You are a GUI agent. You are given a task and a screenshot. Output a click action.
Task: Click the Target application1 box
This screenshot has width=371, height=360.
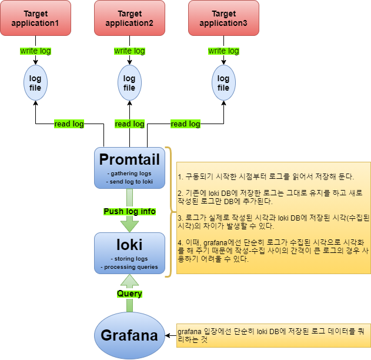tap(35, 18)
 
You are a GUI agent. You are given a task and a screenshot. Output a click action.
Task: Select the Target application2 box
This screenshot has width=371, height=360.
tap(129, 18)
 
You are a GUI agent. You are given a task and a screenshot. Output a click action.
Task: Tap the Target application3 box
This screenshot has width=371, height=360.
tap(223, 18)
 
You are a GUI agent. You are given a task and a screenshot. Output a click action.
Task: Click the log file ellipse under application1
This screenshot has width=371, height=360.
tap(35, 83)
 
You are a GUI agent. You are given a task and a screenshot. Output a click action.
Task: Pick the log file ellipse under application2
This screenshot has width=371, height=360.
tap(129, 83)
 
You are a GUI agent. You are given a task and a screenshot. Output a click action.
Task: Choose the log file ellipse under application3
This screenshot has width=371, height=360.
tap(223, 83)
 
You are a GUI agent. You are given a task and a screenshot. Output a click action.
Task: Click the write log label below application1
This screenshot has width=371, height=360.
tap(35, 51)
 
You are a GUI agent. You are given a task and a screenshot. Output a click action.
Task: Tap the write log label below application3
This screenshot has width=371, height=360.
tap(223, 51)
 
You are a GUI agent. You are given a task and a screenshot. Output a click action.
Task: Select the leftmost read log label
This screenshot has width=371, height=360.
tap(69, 124)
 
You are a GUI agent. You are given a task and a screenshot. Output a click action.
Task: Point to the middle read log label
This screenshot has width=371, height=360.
tap(129, 124)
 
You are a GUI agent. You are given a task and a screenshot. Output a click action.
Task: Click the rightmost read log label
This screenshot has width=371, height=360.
tap(185, 124)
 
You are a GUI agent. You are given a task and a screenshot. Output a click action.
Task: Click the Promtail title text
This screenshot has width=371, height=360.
tap(129, 159)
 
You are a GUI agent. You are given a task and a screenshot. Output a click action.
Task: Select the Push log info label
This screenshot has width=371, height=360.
tap(129, 211)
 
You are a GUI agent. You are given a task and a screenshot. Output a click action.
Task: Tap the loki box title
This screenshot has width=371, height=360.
tap(129, 244)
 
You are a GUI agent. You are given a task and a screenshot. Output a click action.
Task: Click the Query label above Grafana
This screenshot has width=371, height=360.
tap(129, 293)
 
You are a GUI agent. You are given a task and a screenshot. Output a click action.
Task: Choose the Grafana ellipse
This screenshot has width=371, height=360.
tap(129, 336)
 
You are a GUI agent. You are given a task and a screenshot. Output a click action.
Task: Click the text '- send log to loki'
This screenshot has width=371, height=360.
tap(129, 182)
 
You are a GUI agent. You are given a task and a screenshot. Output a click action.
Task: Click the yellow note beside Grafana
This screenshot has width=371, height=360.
tap(273, 335)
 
